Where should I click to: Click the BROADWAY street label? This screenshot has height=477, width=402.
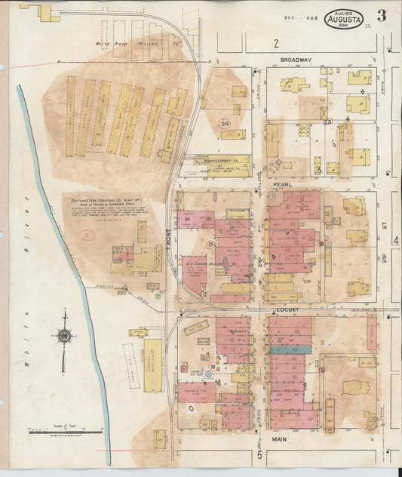coord(295,60)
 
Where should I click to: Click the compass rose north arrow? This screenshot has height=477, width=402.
coord(66,336)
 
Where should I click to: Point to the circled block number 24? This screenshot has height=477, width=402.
coord(224,123)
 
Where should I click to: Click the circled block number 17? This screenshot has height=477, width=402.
coord(210,245)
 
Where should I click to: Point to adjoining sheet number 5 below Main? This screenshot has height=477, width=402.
coord(259,455)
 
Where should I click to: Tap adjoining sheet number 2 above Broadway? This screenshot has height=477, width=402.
coord(277,43)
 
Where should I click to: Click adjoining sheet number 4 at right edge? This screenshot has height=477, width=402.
coord(395,240)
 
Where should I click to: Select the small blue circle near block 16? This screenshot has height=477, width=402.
coord(208,374)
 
